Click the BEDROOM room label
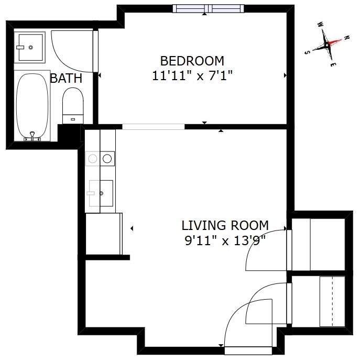click(x=192, y=61)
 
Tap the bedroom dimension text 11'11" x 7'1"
click(x=192, y=75)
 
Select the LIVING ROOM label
click(x=225, y=225)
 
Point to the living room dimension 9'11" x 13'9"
click(x=225, y=240)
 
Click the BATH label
click(x=66, y=78)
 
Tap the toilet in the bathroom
click(x=73, y=105)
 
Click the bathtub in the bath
click(x=32, y=106)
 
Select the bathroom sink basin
click(x=30, y=48)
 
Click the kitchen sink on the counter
click(x=101, y=193)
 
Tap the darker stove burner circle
click(x=107, y=159)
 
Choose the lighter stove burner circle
click(x=93, y=159)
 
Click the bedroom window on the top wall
click(x=209, y=8)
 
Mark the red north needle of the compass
click(x=334, y=42)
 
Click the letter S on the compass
click(x=307, y=52)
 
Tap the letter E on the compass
click(x=333, y=64)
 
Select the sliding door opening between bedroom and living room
click(x=154, y=127)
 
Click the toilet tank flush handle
click(x=73, y=119)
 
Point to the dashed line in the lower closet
click(x=333, y=302)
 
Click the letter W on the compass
click(x=321, y=24)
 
